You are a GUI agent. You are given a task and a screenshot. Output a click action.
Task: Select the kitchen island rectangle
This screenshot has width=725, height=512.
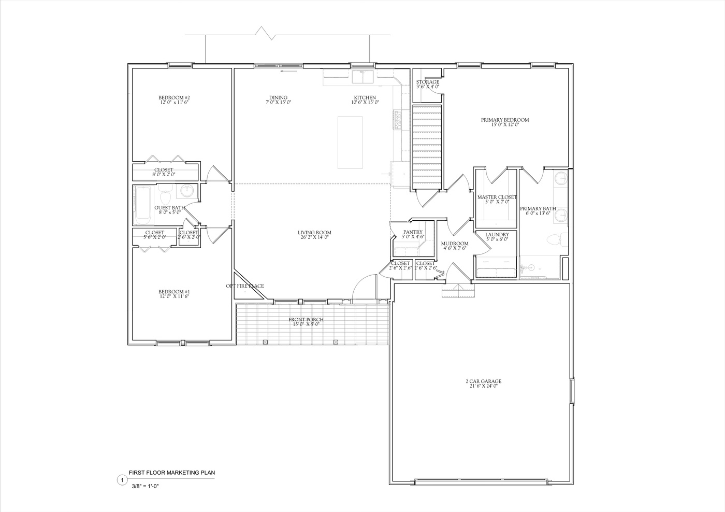coord(350,143)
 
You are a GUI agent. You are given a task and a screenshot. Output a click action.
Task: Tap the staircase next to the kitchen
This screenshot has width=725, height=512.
coord(428,147)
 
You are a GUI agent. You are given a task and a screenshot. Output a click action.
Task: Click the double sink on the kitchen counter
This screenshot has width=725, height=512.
coord(364,77)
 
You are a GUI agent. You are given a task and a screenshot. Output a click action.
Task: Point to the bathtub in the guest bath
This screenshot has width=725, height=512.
coord(142,205)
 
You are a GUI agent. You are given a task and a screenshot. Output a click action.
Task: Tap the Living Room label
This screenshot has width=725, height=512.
coord(314,233)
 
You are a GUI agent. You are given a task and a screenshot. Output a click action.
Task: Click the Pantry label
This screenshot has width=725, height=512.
coord(413,232)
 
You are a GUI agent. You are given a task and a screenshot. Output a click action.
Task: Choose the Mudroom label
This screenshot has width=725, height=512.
coord(455,244)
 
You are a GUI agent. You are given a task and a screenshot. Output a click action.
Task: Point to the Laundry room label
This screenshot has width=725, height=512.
coord(497,235)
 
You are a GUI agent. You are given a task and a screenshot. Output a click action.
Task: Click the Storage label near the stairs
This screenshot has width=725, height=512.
coord(428,82)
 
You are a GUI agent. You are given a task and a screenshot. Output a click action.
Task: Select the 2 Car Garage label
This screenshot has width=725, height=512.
coord(483,381)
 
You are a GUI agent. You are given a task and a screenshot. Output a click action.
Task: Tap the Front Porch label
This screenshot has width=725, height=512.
coord(306,320)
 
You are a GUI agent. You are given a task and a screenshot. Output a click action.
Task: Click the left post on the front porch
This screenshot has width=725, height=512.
coord(265,342)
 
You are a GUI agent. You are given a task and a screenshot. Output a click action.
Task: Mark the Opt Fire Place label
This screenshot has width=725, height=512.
coord(245,286)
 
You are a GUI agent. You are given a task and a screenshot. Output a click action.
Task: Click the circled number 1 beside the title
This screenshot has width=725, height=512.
coord(122,480)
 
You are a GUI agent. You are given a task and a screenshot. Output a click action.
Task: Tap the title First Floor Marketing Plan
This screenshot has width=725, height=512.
coord(171,473)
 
